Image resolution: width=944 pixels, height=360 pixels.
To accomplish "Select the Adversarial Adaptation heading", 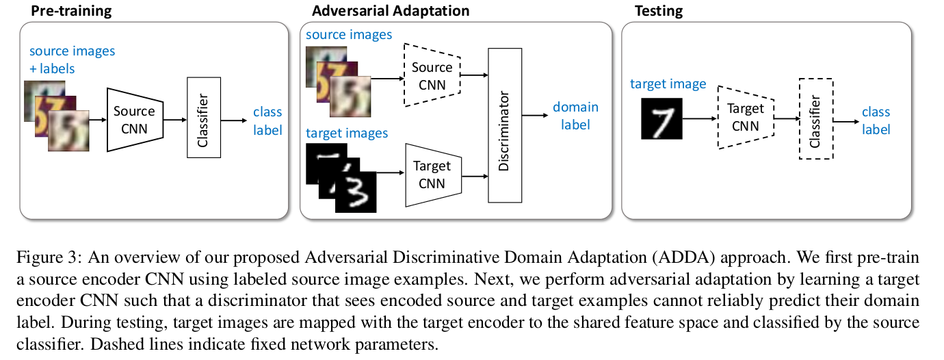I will (391, 11).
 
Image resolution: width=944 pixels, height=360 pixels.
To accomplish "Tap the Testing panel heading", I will (659, 11).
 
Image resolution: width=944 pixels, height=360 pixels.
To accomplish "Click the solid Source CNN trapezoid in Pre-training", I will (134, 119).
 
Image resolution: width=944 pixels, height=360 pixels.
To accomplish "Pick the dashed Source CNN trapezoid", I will (432, 75).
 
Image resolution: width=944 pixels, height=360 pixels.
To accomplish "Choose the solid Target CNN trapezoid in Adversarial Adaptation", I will (434, 175).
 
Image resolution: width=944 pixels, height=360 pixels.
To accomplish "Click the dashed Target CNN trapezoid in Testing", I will (744, 117).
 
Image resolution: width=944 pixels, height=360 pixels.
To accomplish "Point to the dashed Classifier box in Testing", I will (815, 118).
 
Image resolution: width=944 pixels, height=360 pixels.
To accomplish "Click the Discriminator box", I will (503, 125).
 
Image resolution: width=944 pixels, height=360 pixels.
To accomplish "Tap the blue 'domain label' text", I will (575, 116).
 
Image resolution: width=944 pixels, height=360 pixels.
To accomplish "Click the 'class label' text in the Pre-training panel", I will (267, 120).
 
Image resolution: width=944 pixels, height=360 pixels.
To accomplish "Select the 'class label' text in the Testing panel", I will (876, 120).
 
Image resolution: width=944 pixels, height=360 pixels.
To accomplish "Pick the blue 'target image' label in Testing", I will (668, 84).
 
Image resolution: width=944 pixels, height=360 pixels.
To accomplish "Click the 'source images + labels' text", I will (72, 60).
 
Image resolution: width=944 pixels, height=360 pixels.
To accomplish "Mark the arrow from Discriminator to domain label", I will (534, 116).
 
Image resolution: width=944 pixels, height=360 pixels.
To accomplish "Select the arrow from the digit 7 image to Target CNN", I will (698, 118).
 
